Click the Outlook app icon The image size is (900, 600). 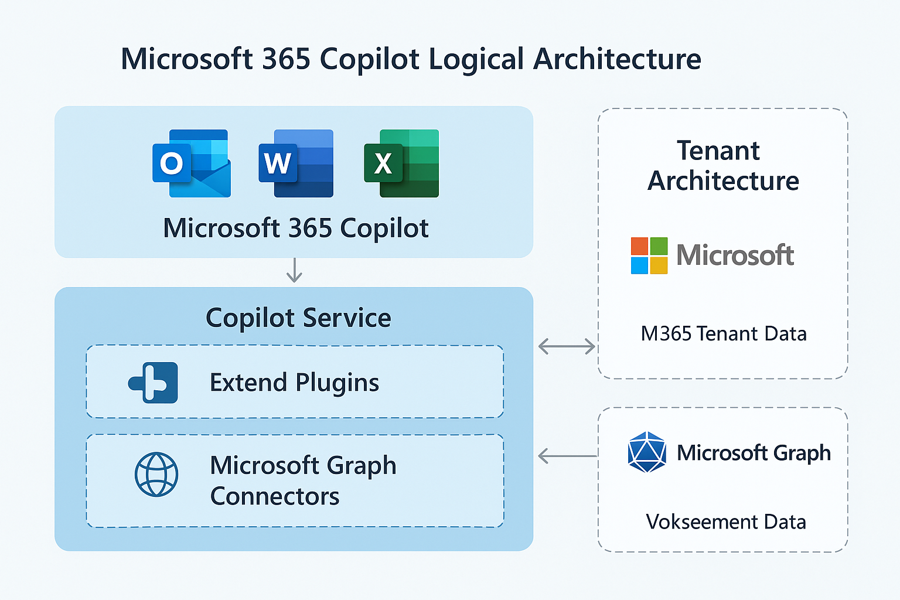tap(191, 163)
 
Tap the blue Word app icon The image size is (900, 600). tap(296, 163)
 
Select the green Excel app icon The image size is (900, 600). tap(401, 163)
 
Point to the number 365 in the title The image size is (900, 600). tap(286, 59)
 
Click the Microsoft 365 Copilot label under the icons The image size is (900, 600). tap(296, 228)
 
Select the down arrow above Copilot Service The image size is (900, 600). tap(294, 270)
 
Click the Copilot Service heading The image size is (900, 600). tap(298, 318)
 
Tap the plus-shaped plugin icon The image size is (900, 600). tap(154, 383)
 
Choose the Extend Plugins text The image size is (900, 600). tap(294, 383)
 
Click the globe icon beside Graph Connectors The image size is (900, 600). tap(156, 474)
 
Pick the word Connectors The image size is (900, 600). tap(275, 496)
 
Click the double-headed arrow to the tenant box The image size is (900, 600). tap(567, 346)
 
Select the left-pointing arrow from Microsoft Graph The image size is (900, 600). tap(567, 455)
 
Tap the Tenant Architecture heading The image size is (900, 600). tap(722, 166)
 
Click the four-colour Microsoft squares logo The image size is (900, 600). tap(649, 255)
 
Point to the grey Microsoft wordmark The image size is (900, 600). tap(735, 255)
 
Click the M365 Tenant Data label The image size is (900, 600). tap(724, 334)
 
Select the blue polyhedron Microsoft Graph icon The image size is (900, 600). tap(647, 452)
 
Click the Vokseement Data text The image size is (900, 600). tap(726, 521)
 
